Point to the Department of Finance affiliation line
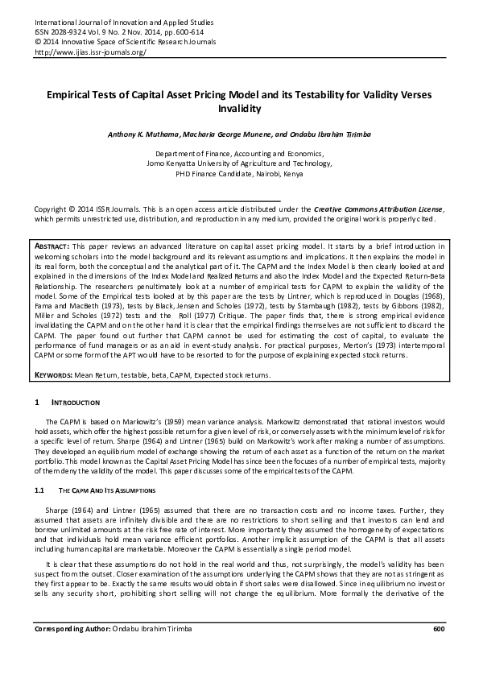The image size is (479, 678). point(239,152)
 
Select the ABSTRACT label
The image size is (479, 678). point(52,245)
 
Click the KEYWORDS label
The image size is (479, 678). point(55,375)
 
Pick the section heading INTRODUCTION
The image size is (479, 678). point(76,401)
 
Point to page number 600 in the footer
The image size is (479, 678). point(438,651)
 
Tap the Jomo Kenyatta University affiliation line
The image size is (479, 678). point(239,162)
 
